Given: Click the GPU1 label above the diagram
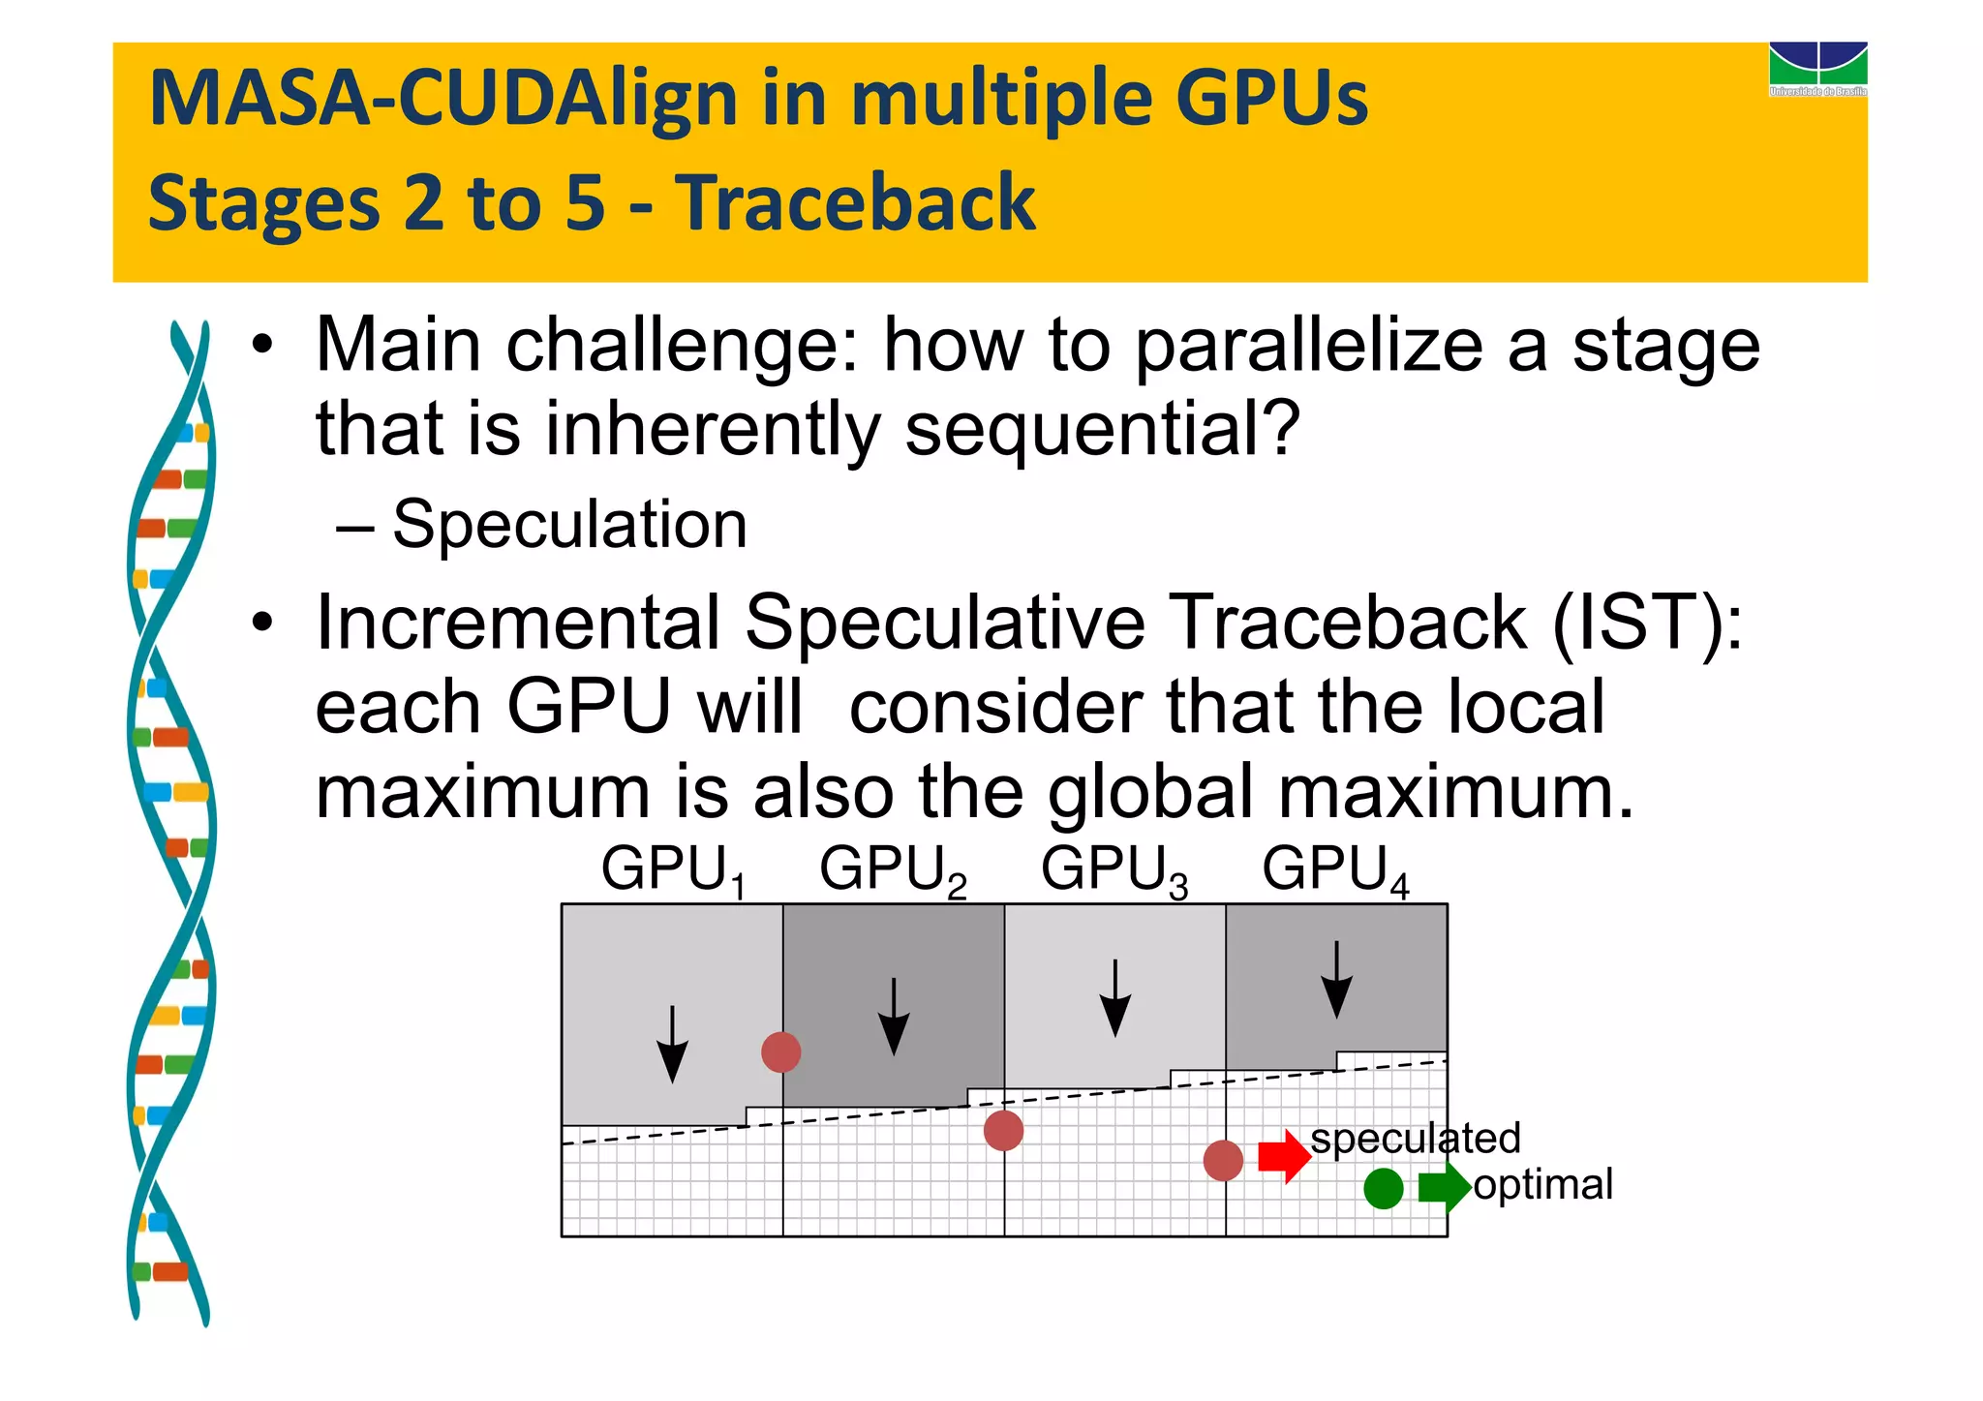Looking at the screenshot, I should [674, 869].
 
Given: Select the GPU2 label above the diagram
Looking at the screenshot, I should [893, 869].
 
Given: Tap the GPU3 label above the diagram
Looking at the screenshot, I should [1114, 869].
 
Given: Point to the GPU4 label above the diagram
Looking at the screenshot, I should [1335, 869].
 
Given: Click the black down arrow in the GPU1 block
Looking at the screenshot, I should [672, 1045].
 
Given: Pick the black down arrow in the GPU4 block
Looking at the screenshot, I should [1336, 980].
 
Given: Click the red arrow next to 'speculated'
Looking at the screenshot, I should [1284, 1156].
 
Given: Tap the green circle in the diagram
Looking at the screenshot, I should [1383, 1188].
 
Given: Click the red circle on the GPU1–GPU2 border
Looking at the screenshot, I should [780, 1051].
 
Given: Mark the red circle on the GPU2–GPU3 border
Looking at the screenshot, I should [1003, 1130].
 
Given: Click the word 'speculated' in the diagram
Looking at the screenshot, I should [1415, 1138].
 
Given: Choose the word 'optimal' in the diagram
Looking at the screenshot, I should [1542, 1184].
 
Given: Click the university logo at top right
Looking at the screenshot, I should [1817, 69].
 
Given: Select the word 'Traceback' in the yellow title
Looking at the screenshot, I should [855, 202].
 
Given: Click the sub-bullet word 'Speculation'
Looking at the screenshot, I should [569, 525].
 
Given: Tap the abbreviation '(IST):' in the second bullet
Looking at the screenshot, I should [1647, 623].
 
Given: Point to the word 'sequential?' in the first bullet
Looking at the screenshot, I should [1102, 429].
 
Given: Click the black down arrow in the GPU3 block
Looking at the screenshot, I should [1115, 998].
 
